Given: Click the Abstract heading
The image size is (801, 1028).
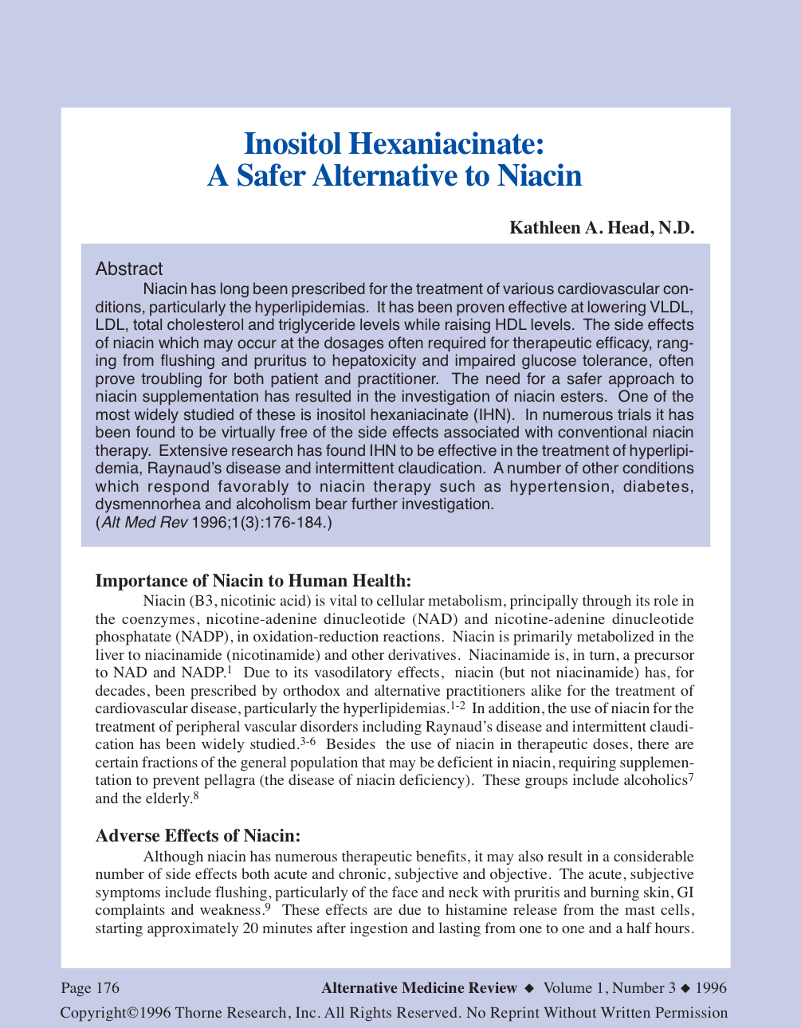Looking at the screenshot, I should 128,269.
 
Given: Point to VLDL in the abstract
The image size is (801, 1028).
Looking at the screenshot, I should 673,307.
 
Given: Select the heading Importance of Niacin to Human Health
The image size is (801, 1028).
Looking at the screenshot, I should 253,580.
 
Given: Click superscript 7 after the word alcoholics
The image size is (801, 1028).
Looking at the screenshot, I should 691,777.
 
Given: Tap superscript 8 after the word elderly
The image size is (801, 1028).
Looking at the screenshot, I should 196,795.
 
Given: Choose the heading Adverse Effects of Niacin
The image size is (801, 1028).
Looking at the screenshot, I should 198,835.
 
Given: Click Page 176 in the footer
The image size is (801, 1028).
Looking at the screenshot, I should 90,988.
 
